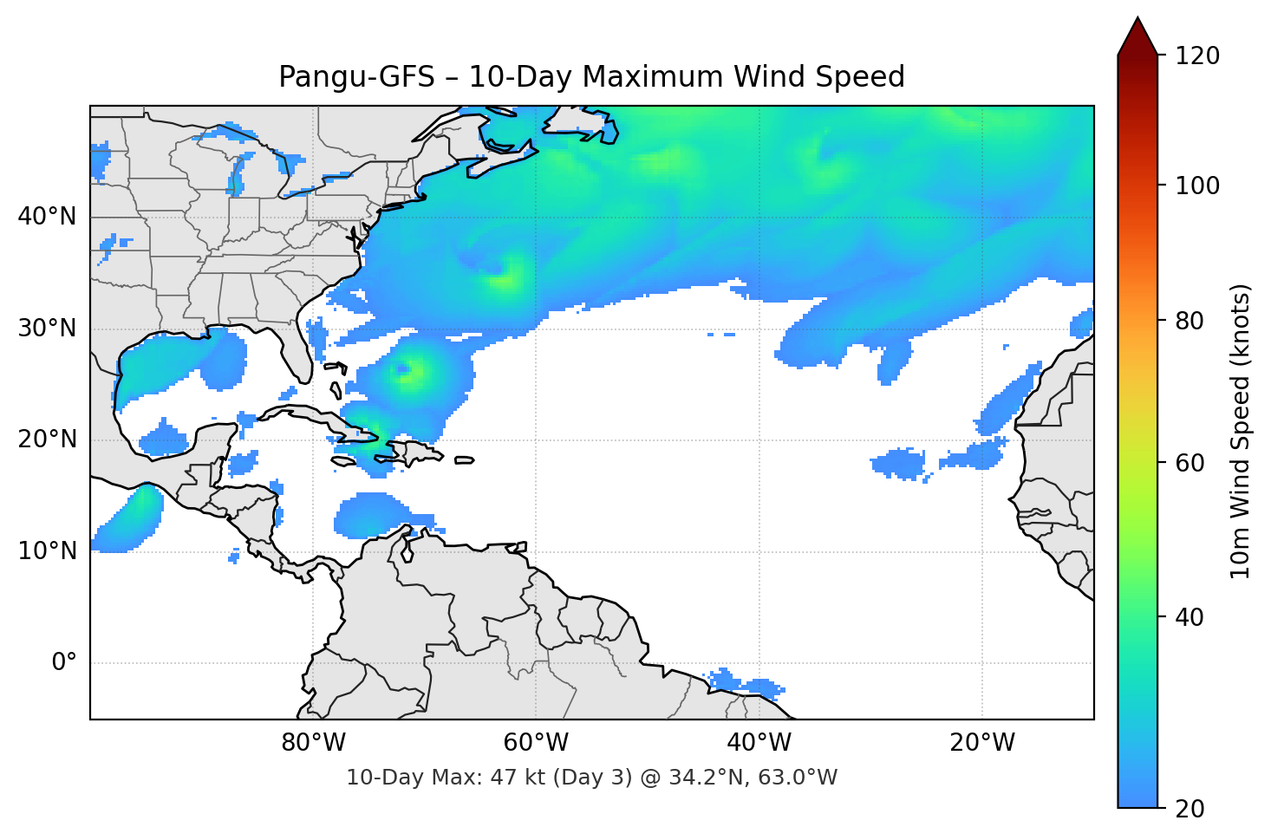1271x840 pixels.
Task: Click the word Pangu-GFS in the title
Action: pyautogui.click(x=356, y=77)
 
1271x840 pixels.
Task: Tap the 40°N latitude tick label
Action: pyautogui.click(x=47, y=217)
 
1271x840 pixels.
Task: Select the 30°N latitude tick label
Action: pyautogui.click(x=47, y=329)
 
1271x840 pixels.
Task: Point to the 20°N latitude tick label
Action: pyautogui.click(x=47, y=440)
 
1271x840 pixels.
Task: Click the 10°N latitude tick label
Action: pyautogui.click(x=47, y=551)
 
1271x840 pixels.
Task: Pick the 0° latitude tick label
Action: pyautogui.click(x=64, y=663)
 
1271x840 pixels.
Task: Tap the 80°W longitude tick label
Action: pyautogui.click(x=313, y=743)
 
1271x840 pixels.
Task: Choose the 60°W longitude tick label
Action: pyautogui.click(x=536, y=743)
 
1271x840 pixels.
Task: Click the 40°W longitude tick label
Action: pyautogui.click(x=759, y=743)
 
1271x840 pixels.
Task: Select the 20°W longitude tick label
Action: pyautogui.click(x=981, y=743)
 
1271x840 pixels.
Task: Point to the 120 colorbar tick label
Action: pyautogui.click(x=1197, y=56)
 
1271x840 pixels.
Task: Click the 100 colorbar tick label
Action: pyautogui.click(x=1197, y=186)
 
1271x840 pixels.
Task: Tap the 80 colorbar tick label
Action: pyautogui.click(x=1190, y=321)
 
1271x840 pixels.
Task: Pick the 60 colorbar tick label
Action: pyautogui.click(x=1190, y=463)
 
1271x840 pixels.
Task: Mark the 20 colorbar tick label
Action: pyautogui.click(x=1190, y=809)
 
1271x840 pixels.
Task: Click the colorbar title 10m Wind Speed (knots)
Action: pyautogui.click(x=1241, y=432)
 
